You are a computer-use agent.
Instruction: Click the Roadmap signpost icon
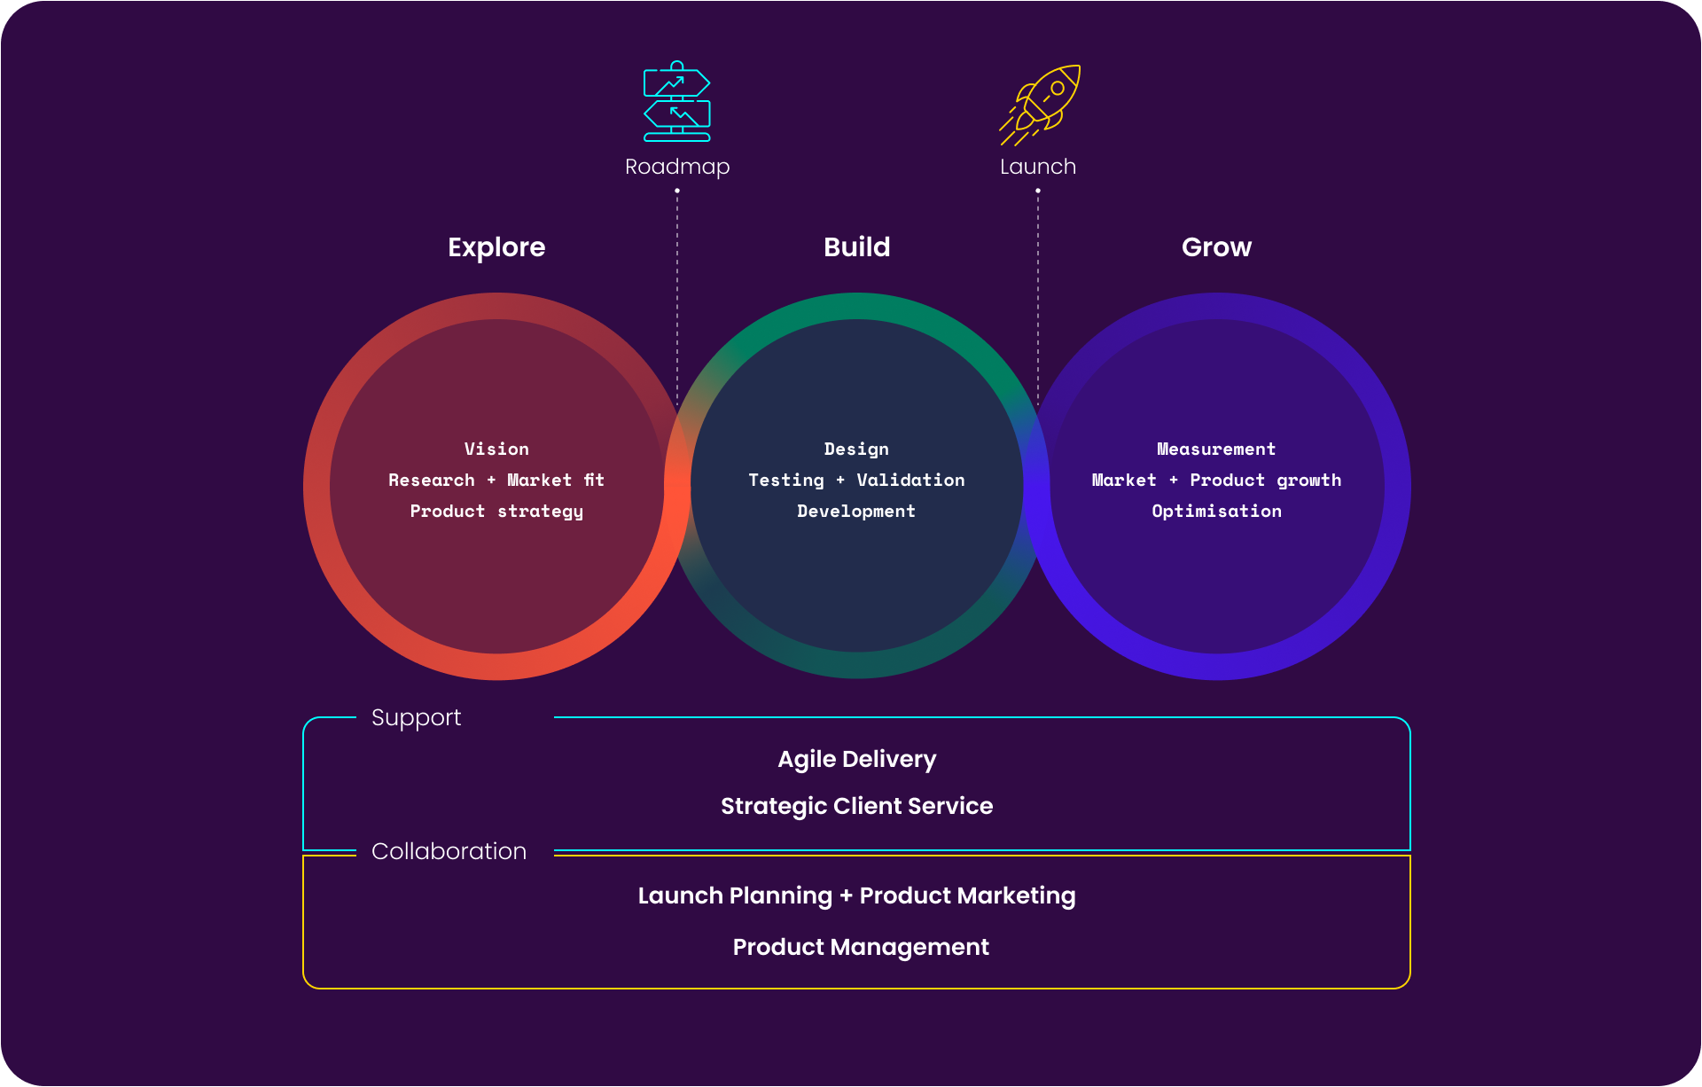point(677,102)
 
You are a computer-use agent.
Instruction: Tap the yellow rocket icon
point(1040,104)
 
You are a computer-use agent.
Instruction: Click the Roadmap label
point(677,167)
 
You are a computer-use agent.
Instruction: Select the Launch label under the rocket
point(1038,167)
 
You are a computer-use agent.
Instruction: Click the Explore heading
point(496,247)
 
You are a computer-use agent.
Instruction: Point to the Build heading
point(856,247)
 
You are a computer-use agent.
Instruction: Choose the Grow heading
point(1216,247)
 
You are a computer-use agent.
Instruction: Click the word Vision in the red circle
point(496,450)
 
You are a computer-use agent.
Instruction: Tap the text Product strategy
point(496,512)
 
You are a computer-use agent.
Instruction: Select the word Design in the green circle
point(856,450)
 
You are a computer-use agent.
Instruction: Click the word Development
point(856,512)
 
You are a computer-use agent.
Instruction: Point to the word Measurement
point(1216,450)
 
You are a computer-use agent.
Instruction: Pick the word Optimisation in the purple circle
point(1216,512)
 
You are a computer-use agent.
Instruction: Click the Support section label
point(416,717)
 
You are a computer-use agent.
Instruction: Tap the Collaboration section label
point(449,851)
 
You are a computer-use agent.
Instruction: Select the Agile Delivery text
point(856,760)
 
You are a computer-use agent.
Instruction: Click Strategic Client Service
point(856,806)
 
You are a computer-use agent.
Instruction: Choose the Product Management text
point(861,947)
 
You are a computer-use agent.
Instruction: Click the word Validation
point(910,481)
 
